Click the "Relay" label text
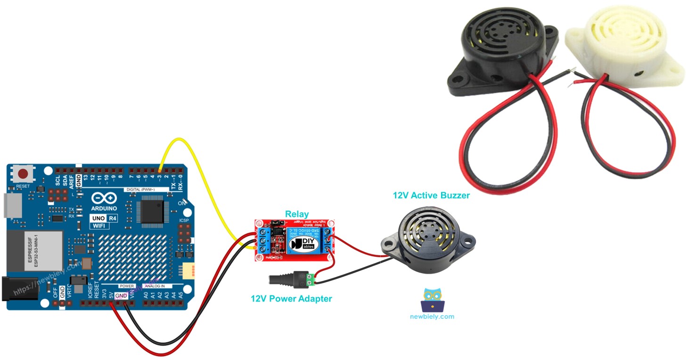297,215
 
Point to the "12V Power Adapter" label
291,299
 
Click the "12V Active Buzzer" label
431,195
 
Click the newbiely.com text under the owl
432,317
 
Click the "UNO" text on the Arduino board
98,218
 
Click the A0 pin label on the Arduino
146,295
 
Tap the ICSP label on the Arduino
184,220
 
